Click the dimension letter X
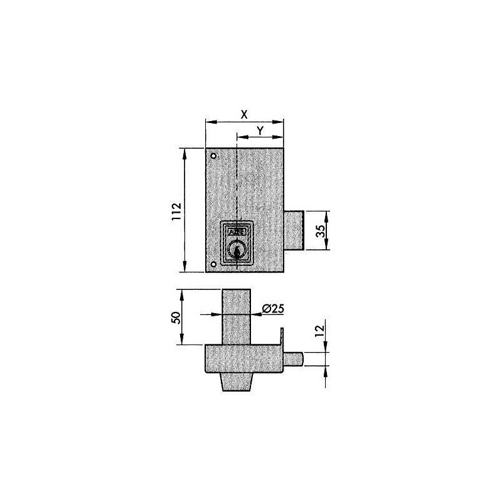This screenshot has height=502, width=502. click(245, 114)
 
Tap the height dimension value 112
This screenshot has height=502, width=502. click(176, 210)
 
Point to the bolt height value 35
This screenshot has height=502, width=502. click(319, 230)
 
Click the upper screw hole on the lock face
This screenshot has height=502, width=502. click(213, 156)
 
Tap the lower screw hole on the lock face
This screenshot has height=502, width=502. click(213, 264)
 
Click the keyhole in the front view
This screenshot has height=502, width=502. click(237, 251)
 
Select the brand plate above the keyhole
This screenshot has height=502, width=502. click(237, 231)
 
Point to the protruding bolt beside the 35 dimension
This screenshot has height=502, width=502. click(294, 230)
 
